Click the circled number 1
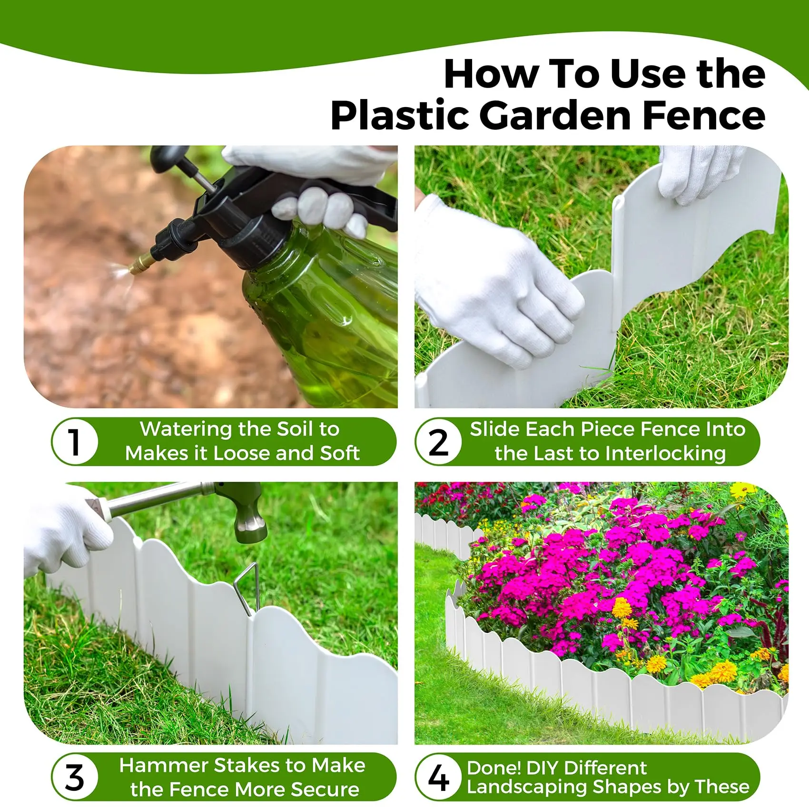(74, 442)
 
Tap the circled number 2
(438, 442)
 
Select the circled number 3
(75, 777)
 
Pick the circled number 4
(438, 777)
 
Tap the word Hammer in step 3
(164, 765)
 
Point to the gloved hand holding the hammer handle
(67, 528)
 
